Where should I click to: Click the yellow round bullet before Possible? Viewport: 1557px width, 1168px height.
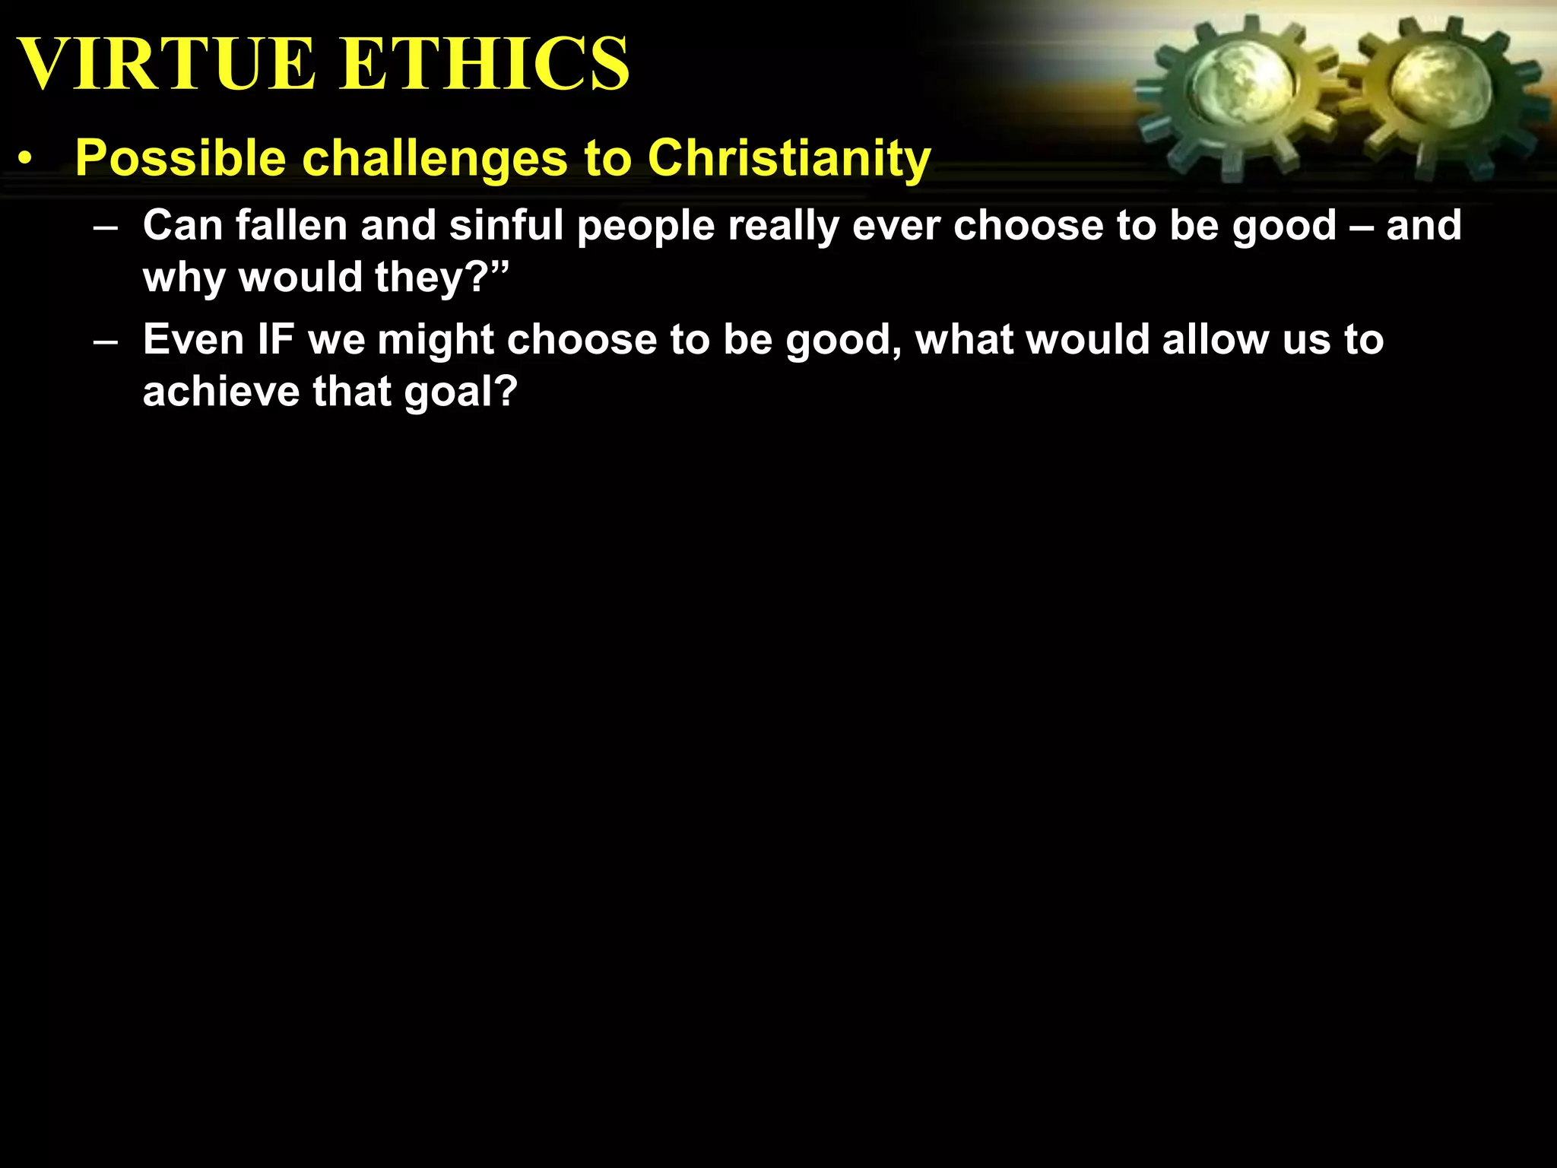27,160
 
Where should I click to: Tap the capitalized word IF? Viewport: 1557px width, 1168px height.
275,339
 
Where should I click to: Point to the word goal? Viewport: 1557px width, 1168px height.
461,393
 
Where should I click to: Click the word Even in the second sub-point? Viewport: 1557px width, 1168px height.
193,339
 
